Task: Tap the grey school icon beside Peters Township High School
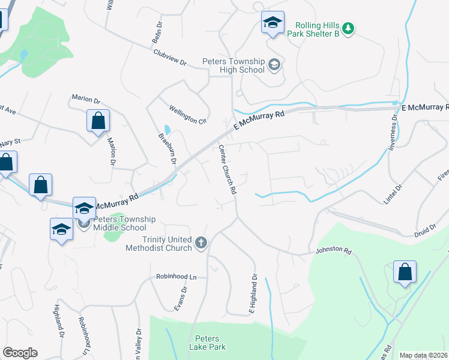click(274, 65)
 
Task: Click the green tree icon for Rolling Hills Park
click(348, 28)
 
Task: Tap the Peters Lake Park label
click(207, 343)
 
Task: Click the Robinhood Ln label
click(176, 277)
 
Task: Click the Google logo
click(20, 353)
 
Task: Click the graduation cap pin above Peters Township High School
click(273, 24)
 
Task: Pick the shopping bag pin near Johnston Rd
click(405, 271)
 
